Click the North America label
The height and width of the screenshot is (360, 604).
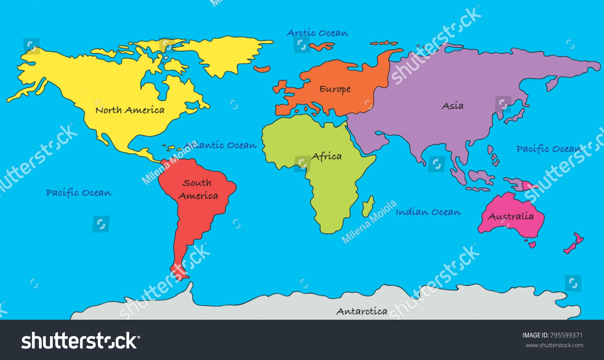(130, 110)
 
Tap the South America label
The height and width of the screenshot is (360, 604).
(198, 189)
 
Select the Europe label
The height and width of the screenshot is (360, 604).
(335, 89)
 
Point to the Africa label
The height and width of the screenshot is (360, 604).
(327, 156)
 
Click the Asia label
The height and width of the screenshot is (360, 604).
(453, 106)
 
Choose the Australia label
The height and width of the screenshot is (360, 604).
(511, 217)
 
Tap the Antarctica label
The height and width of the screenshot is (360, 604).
(362, 311)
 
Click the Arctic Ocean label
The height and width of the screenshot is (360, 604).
(317, 33)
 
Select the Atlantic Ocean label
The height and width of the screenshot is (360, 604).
(220, 145)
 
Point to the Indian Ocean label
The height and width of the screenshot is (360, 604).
(428, 212)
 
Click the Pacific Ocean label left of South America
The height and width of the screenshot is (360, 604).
(79, 193)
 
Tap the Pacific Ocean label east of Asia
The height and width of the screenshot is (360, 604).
(548, 149)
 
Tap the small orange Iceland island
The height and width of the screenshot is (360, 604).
(262, 69)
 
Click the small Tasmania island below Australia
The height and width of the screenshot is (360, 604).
(532, 244)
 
